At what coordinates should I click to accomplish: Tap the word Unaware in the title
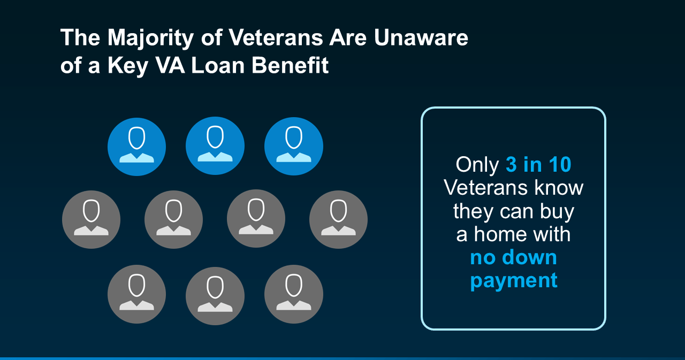[421, 38]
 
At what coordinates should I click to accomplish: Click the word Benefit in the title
[290, 65]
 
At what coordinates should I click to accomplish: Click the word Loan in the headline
[218, 65]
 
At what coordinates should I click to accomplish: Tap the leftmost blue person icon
[136, 147]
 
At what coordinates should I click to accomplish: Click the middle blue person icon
[215, 146]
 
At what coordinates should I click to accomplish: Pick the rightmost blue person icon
[294, 146]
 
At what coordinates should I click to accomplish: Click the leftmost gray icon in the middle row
[91, 219]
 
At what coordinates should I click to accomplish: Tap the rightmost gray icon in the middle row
[338, 219]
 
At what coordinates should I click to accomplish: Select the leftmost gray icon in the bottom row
[136, 294]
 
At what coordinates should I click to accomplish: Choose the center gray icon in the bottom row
[215, 296]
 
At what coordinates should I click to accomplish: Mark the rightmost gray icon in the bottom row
[294, 294]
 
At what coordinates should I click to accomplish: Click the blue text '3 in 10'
[538, 165]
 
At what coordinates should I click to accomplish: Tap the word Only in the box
[477, 165]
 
